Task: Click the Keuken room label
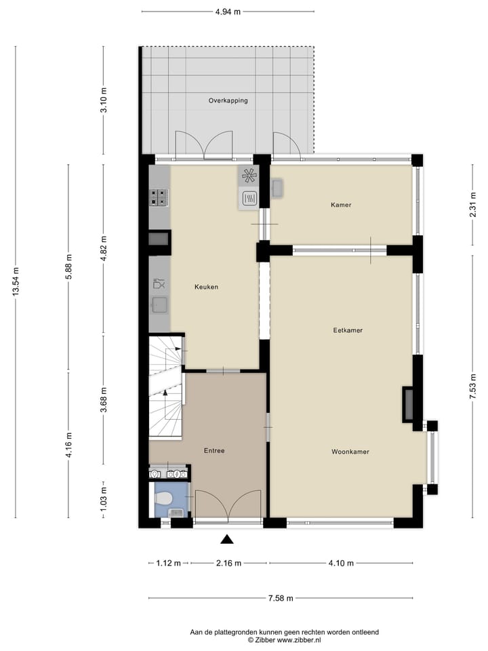(206, 287)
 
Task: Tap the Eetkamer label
(348, 331)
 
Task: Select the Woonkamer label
(350, 452)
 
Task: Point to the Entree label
(214, 450)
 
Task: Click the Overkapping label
(228, 100)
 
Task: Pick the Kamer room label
(341, 205)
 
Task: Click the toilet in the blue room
(163, 498)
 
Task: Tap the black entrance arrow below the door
(228, 540)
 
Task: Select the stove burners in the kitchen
(159, 197)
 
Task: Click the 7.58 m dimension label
(281, 598)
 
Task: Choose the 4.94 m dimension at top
(228, 11)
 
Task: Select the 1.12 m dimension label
(168, 563)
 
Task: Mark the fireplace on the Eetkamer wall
(409, 404)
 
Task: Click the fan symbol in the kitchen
(249, 176)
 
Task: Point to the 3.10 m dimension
(104, 100)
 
